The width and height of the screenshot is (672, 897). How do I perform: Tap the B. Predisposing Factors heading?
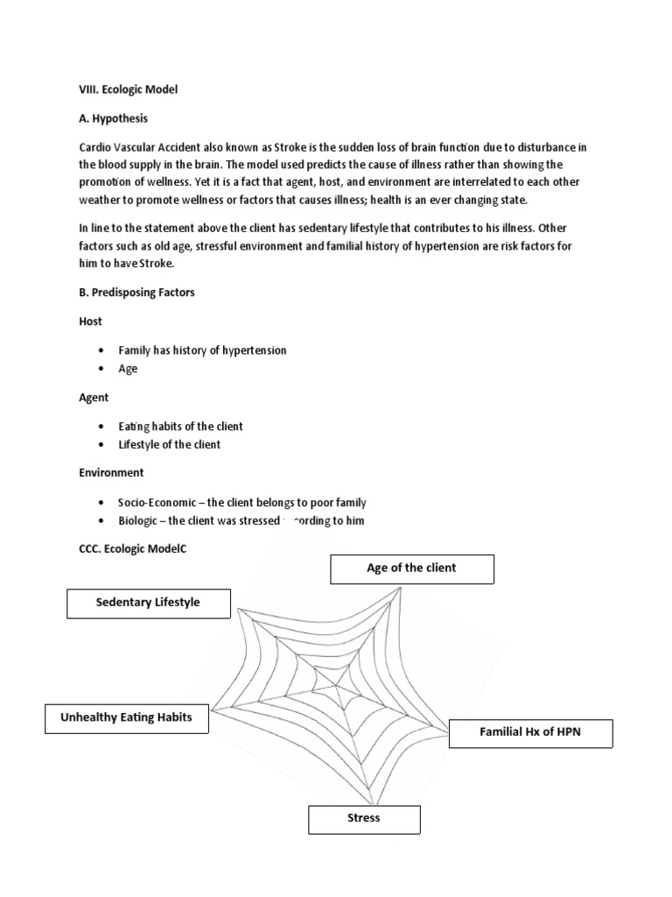tap(137, 293)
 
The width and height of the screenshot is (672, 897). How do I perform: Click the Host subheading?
tap(91, 321)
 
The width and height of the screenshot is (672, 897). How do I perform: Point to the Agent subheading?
tap(94, 397)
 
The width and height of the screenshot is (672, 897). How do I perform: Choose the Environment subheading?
tap(112, 472)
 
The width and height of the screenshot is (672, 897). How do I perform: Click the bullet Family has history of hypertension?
tap(202, 350)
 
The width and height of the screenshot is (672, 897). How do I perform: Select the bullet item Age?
tap(129, 369)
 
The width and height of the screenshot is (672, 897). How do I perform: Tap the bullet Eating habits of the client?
tap(180, 426)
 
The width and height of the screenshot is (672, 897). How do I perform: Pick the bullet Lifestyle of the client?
tap(170, 444)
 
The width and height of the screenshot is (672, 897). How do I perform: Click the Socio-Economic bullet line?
tap(242, 503)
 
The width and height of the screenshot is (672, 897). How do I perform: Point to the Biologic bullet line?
tap(241, 521)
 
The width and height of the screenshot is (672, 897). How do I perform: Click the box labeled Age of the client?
tap(411, 569)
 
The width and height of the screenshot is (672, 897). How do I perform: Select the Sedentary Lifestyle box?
tap(148, 603)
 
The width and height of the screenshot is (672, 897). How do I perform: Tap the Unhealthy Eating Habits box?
tap(126, 718)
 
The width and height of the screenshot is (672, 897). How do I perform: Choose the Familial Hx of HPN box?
tap(530, 732)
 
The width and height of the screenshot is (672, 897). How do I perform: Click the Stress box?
tap(364, 818)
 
